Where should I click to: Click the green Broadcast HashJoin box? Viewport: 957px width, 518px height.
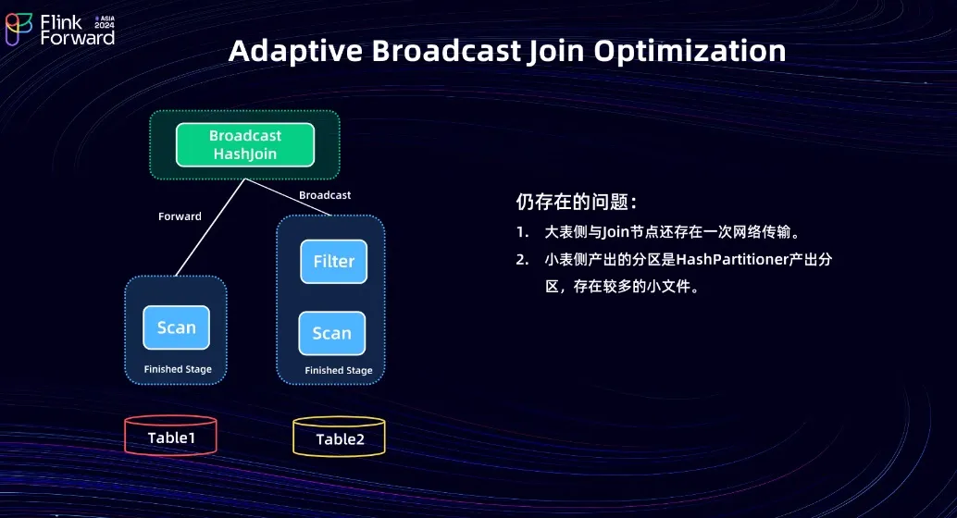(x=245, y=144)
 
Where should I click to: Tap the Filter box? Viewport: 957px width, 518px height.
(x=333, y=262)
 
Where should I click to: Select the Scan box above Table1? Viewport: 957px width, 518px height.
(x=176, y=327)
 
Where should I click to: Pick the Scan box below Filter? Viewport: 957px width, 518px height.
(x=331, y=334)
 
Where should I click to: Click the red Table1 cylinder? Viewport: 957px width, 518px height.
(x=171, y=437)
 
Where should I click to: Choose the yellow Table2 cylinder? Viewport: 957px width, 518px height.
(x=340, y=438)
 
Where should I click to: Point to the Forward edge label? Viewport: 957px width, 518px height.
(x=180, y=216)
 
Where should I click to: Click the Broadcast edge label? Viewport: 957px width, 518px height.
(x=325, y=195)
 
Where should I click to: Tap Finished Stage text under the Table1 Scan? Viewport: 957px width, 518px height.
(x=178, y=369)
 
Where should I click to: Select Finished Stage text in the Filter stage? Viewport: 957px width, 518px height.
(x=339, y=371)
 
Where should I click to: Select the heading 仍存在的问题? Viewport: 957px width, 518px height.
(x=576, y=203)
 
